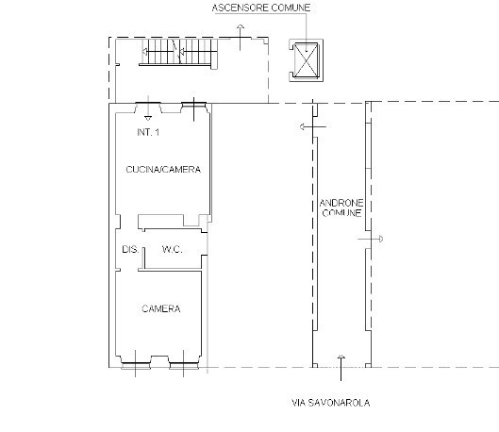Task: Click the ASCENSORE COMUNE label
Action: click(261, 8)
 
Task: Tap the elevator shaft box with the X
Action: click(306, 60)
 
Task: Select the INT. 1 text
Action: click(148, 132)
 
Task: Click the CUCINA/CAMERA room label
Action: click(163, 169)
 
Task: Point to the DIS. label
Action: click(130, 249)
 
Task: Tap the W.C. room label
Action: click(173, 249)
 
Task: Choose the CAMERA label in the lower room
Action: click(161, 308)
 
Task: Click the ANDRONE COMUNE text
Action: click(341, 208)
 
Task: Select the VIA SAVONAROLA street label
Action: click(331, 403)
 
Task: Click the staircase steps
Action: click(179, 52)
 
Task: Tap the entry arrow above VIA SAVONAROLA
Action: click(341, 368)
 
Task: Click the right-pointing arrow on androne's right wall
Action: click(371, 239)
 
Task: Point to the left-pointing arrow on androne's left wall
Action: click(313, 127)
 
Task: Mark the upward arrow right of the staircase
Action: click(240, 37)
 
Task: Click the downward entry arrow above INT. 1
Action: click(148, 108)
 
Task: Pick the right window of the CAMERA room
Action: click(184, 366)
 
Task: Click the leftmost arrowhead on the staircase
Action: click(145, 52)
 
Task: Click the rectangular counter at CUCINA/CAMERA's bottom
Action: click(161, 220)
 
